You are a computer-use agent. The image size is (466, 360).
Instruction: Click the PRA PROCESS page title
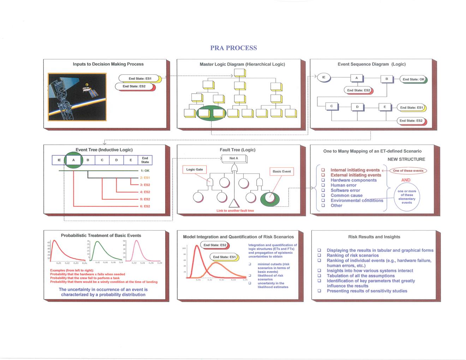[x=233, y=48]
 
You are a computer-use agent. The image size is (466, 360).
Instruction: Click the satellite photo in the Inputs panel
[x=77, y=97]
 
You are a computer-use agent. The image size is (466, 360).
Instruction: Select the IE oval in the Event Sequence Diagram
[x=324, y=78]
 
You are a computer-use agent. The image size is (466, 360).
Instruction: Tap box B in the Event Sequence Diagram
[x=387, y=79]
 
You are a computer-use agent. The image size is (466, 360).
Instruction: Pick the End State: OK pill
[x=413, y=79]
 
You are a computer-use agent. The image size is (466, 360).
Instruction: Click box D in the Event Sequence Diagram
[x=357, y=107]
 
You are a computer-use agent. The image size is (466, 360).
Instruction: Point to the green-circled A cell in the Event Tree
[x=73, y=160]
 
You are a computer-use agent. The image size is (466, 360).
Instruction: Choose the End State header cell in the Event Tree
[x=145, y=160]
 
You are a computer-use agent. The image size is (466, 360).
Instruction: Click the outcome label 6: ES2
[x=145, y=206]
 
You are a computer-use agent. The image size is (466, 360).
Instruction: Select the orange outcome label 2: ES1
[x=145, y=178]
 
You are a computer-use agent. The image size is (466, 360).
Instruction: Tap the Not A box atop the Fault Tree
[x=233, y=158]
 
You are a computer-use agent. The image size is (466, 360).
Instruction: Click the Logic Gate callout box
[x=195, y=169]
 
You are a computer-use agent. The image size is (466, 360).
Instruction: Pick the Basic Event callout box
[x=281, y=172]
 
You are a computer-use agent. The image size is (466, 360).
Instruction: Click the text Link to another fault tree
[x=235, y=211]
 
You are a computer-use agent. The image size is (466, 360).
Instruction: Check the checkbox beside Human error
[x=323, y=185]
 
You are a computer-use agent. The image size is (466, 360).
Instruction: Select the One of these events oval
[x=408, y=170]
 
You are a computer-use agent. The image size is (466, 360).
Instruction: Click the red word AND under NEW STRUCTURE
[x=406, y=180]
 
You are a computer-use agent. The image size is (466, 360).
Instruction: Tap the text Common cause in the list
[x=346, y=195]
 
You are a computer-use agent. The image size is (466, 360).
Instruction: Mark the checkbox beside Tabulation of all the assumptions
[x=319, y=276]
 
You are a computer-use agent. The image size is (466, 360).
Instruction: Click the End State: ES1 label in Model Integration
[x=224, y=257]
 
